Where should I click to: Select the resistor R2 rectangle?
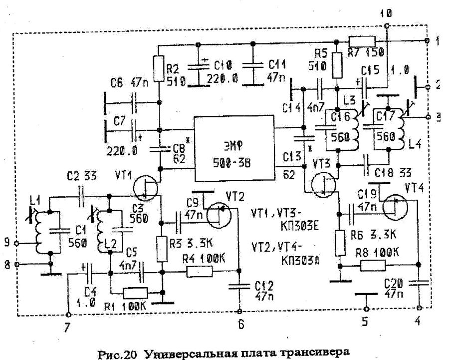coord(158,69)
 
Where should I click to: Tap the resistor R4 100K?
coord(200,272)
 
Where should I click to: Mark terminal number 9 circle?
coord(17,243)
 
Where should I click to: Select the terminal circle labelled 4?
coord(419,308)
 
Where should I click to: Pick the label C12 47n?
coord(263,291)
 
